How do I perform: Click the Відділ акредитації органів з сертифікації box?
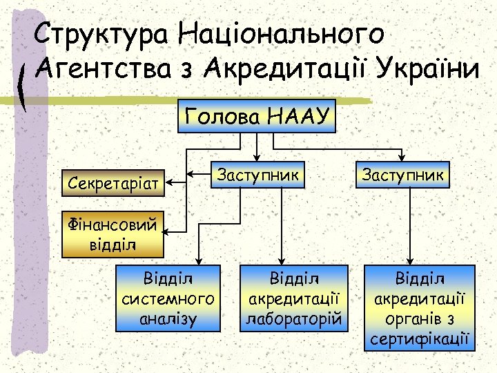point(421,308)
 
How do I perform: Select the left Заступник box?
point(257,175)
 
